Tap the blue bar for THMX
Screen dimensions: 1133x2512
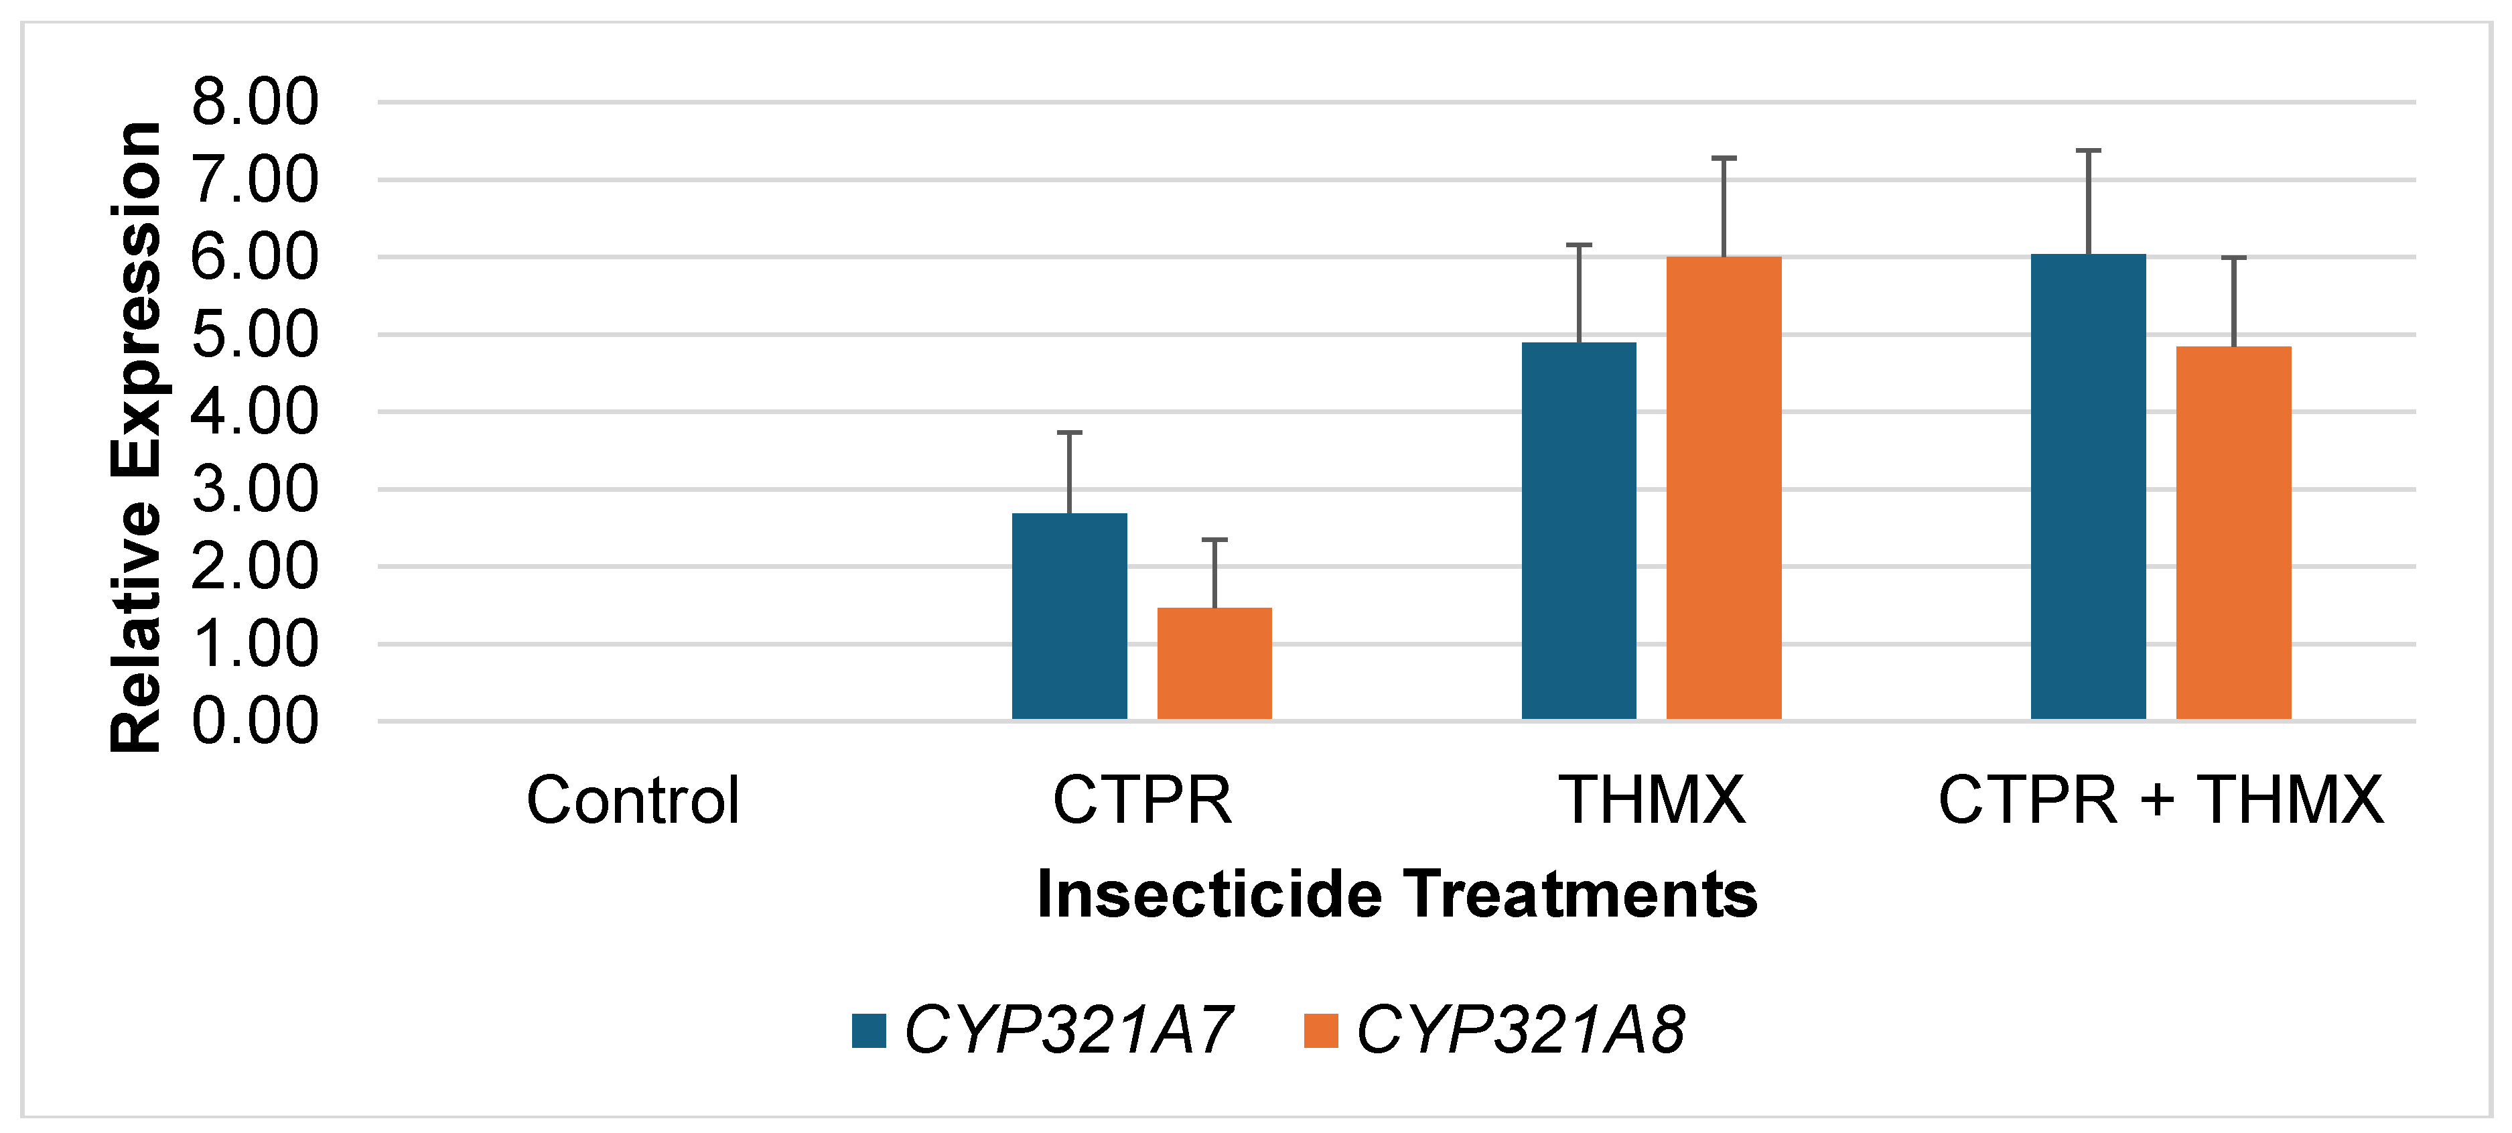(x=1579, y=531)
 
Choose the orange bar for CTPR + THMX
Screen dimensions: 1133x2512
(x=2233, y=533)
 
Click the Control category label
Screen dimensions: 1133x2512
(x=633, y=801)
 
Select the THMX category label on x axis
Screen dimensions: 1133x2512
(x=1651, y=801)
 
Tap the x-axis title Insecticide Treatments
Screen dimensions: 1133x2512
(x=1397, y=894)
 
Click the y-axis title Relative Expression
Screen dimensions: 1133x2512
(x=137, y=437)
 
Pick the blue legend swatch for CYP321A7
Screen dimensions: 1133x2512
(x=868, y=1030)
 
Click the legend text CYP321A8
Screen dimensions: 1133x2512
(x=1519, y=1030)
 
